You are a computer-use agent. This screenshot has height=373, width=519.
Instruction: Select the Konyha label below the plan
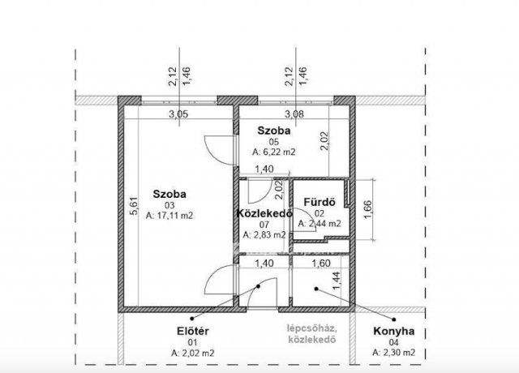pyautogui.click(x=393, y=331)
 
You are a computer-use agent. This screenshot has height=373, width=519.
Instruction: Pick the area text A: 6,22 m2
pyautogui.click(x=274, y=151)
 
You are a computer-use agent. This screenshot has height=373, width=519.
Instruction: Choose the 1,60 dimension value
pyautogui.click(x=323, y=264)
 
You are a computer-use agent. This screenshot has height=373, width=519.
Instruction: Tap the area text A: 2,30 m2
pyautogui.click(x=393, y=354)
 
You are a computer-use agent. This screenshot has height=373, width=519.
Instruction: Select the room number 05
pyautogui.click(x=274, y=140)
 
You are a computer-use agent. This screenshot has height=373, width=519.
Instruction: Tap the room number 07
pyautogui.click(x=261, y=225)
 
